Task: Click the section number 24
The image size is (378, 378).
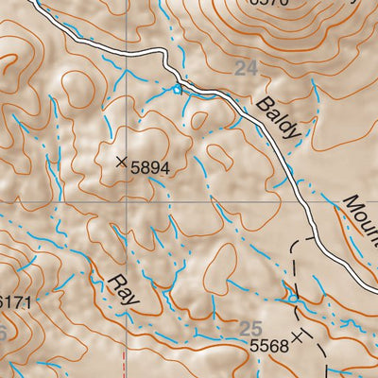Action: tap(246, 68)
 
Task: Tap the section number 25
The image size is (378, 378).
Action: tap(250, 328)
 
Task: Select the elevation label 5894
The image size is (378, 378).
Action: tap(150, 167)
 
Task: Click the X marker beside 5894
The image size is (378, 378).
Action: tap(121, 163)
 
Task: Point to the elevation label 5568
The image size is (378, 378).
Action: tap(269, 347)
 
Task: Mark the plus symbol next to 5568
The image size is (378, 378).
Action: tap(299, 335)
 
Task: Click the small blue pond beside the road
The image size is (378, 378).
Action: tap(177, 89)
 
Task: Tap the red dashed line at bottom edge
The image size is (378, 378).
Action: tap(128, 364)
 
